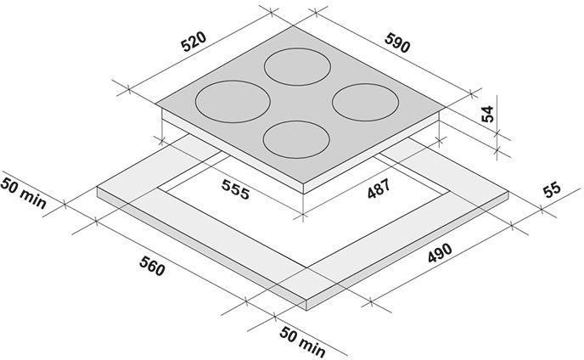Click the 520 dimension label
[x=194, y=42]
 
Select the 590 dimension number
[x=397, y=42]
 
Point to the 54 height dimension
[x=487, y=114]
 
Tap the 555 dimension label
[x=235, y=189]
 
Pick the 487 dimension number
[x=379, y=188]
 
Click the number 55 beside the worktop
[x=552, y=189]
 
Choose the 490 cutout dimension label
[x=440, y=253]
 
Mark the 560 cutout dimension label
[x=152, y=266]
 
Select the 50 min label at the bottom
[x=302, y=341]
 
